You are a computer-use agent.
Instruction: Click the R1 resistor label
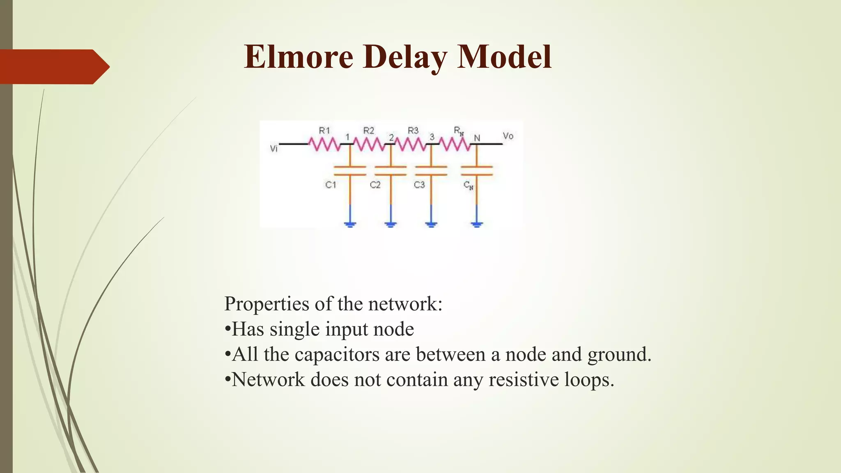coord(324,131)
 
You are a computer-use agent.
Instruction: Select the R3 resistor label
coord(413,131)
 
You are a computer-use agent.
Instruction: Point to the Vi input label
coord(274,149)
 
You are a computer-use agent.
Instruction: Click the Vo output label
coord(508,136)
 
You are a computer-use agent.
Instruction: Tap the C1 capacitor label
coord(331,185)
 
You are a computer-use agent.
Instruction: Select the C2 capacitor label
coord(375,185)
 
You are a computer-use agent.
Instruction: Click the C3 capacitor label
coord(419,185)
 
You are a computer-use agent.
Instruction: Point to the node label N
coord(477,138)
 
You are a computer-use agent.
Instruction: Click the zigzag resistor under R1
coord(324,144)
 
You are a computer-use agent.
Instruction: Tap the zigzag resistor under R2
coord(368,144)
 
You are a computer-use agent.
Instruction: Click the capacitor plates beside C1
coord(350,171)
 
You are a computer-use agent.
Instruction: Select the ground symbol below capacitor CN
coord(477,224)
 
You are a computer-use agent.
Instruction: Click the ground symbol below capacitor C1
coord(350,224)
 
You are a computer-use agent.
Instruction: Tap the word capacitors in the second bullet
coord(337,354)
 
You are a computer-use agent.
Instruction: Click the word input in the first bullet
coord(346,329)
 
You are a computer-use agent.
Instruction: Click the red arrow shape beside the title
coord(53,67)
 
